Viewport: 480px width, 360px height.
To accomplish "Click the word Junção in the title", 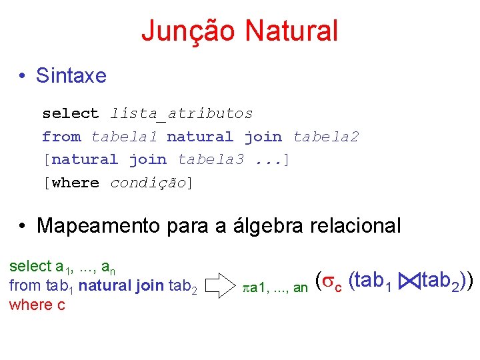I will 189,31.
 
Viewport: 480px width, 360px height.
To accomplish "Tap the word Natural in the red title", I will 291,31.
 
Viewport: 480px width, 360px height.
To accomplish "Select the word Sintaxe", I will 71,75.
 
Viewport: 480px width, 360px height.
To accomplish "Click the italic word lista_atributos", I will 181,114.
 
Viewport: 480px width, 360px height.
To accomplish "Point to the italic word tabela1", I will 124,137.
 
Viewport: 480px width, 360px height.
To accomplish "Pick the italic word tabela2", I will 326,137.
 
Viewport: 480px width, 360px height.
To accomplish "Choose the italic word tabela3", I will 211,160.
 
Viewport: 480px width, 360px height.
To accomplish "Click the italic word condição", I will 148,183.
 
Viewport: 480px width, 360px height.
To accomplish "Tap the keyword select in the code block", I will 71,114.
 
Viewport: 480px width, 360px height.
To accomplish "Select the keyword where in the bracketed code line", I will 75,183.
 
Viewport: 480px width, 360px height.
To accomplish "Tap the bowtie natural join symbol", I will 409,282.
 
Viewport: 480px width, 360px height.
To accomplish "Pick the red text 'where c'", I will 32,305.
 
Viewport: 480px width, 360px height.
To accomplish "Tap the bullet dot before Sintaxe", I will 23,76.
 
